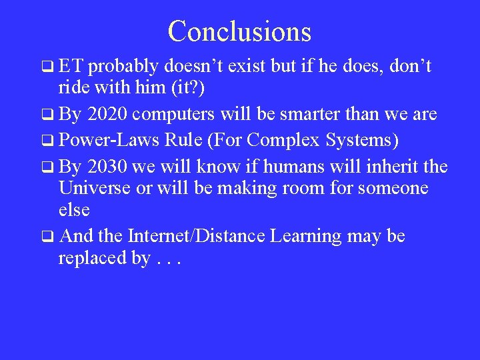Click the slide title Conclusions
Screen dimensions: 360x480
239,31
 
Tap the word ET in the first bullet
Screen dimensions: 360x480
71,66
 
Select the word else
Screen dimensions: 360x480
74,210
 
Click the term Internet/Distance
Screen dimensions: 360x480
197,236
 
